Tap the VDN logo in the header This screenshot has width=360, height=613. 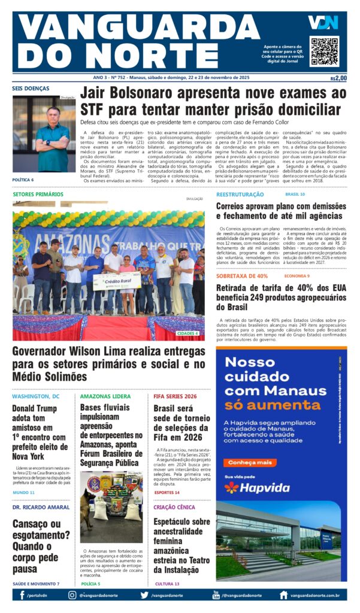click(x=323, y=23)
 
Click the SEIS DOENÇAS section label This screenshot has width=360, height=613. click(x=31, y=89)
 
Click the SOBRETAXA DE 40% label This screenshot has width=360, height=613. click(x=242, y=276)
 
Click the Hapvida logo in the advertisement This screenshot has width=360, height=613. click(x=257, y=487)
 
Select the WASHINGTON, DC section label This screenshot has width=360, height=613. click(x=35, y=396)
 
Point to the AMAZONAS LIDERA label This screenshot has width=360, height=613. click(x=105, y=396)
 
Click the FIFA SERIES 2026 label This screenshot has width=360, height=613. click(x=175, y=396)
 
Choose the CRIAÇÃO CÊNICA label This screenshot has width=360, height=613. click(x=174, y=507)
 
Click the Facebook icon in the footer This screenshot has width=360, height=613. click(x=22, y=595)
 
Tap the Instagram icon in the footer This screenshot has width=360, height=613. click(x=72, y=595)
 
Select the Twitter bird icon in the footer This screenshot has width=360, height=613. click(x=144, y=595)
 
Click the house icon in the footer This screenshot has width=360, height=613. click(x=283, y=595)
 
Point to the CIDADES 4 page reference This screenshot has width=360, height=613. click(x=188, y=333)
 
